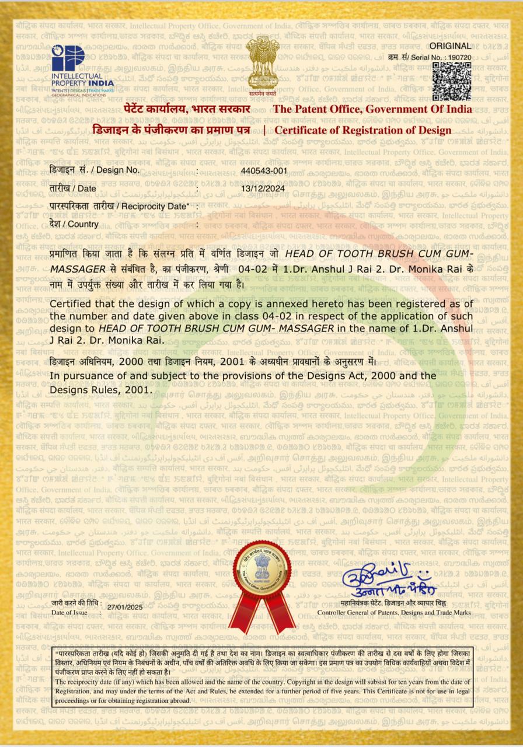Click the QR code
(x=451, y=81)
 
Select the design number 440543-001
(x=264, y=170)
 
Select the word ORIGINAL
(x=450, y=46)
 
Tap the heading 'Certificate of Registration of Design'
(x=362, y=130)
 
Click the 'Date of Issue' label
(x=69, y=612)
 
